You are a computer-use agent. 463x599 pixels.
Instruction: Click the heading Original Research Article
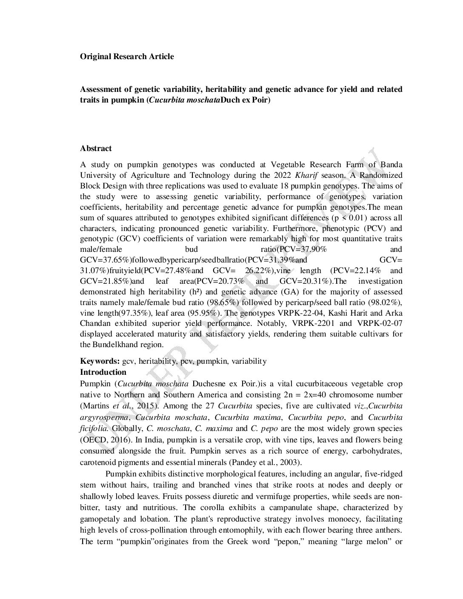pyautogui.click(x=127, y=57)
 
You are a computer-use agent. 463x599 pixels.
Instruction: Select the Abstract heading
pyautogui.click(x=96, y=148)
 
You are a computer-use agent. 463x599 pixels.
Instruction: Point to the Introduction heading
pyautogui.click(x=103, y=372)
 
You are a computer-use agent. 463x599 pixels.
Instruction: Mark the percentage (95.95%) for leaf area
pyautogui.click(x=206, y=313)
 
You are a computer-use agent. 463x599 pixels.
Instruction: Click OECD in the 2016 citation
pyautogui.click(x=93, y=440)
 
